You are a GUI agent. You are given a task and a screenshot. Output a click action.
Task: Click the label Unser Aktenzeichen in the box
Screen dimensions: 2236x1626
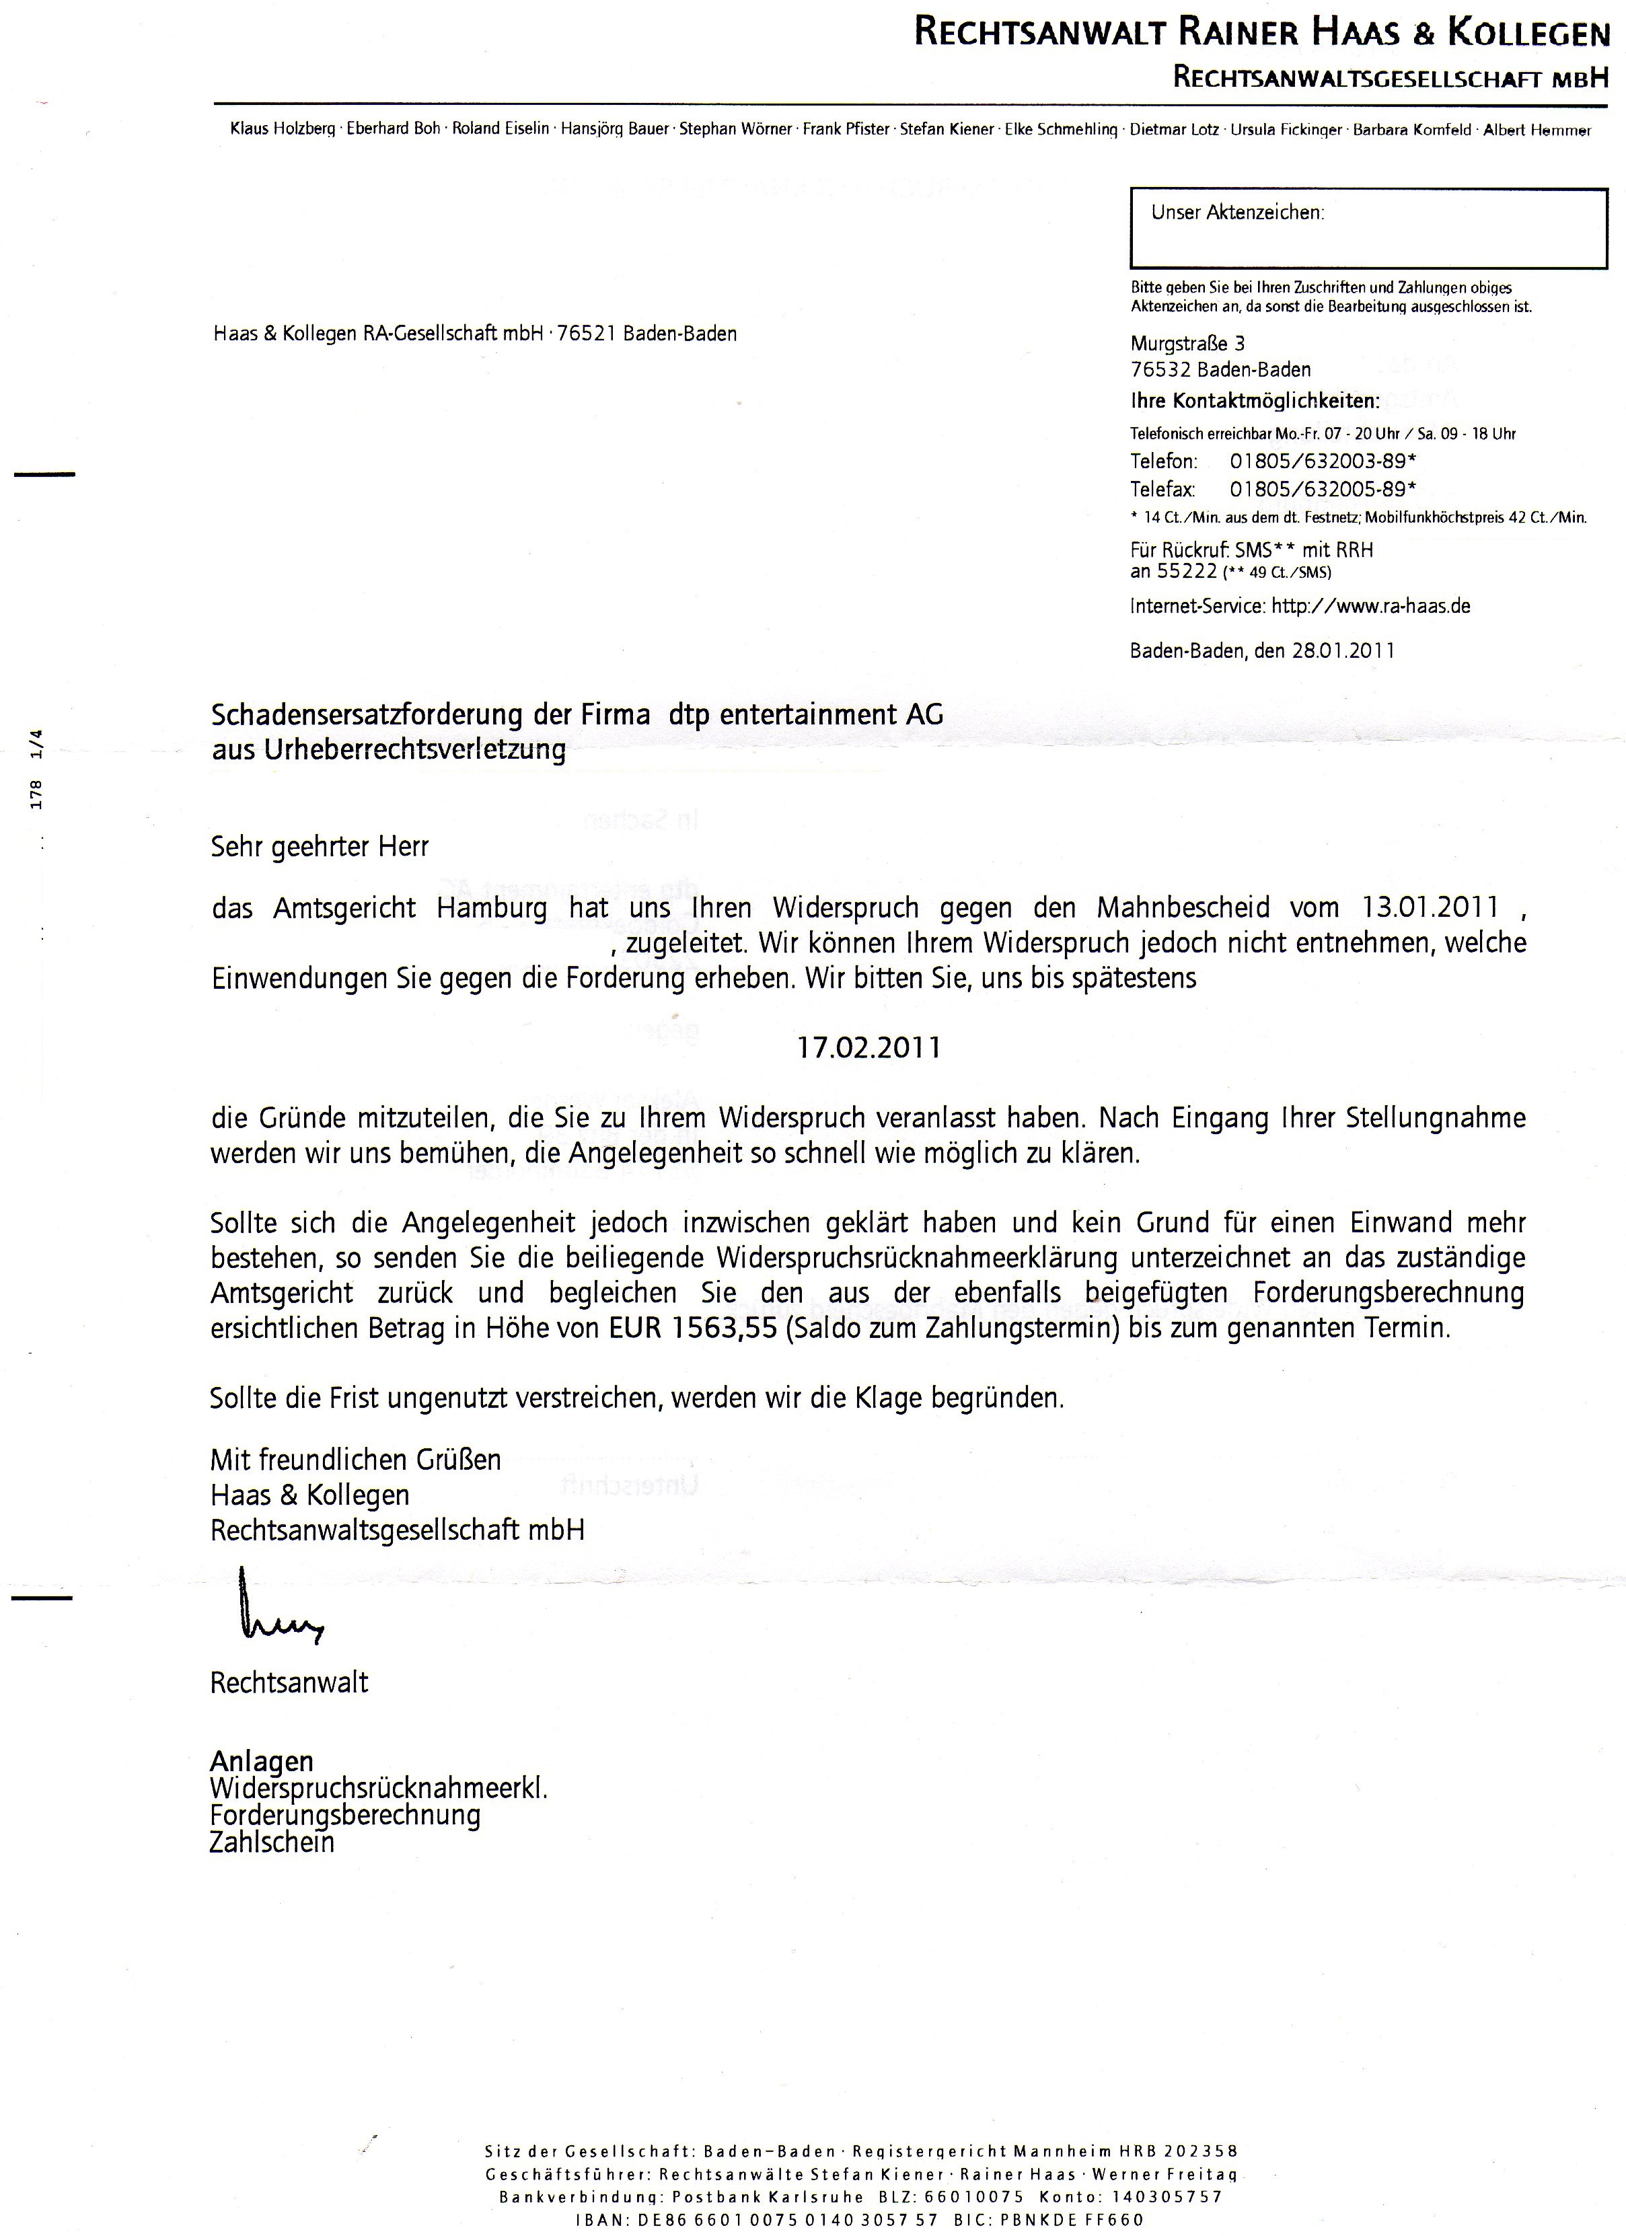coord(1237,212)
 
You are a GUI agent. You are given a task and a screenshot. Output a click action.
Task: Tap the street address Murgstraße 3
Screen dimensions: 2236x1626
coord(1187,344)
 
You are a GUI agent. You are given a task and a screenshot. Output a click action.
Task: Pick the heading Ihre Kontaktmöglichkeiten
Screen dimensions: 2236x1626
coord(1254,402)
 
